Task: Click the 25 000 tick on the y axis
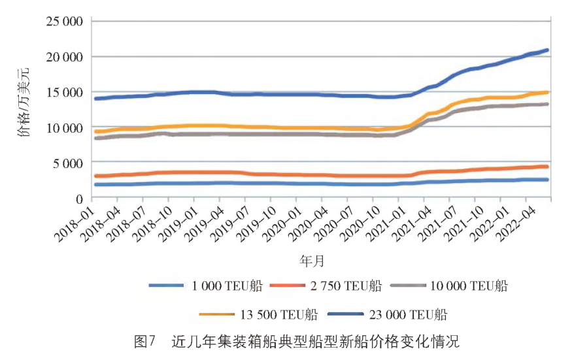click(63, 22)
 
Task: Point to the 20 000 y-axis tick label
click(63, 57)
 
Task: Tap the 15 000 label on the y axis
click(63, 92)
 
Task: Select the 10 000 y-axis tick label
click(63, 127)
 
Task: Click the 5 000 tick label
click(67, 163)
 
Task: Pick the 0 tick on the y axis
click(78, 198)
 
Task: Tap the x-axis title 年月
click(312, 261)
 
